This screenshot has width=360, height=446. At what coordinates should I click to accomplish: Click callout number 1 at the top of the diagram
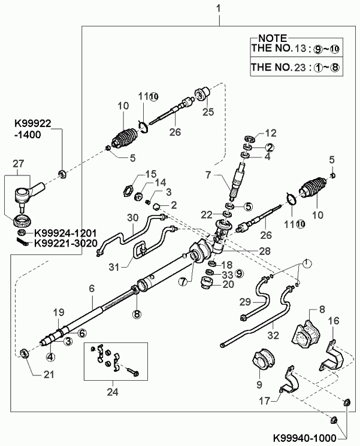pos(219,8)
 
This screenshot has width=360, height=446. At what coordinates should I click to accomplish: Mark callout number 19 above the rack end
pos(58,312)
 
